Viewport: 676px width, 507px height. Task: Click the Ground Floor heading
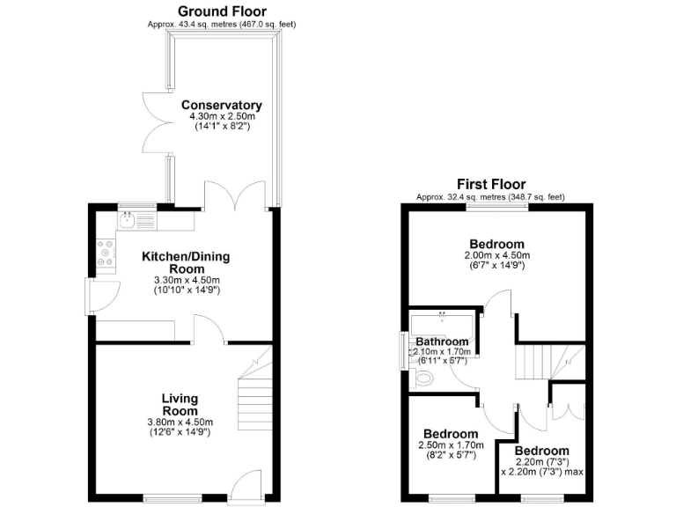pos(222,11)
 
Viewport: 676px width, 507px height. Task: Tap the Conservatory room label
pos(222,106)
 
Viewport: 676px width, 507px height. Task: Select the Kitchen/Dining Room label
pos(186,263)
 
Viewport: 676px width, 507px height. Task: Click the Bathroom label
pos(442,342)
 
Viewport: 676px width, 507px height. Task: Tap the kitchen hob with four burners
pos(106,253)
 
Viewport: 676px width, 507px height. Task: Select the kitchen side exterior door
pos(99,297)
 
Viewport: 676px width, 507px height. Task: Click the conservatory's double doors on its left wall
pos(156,123)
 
